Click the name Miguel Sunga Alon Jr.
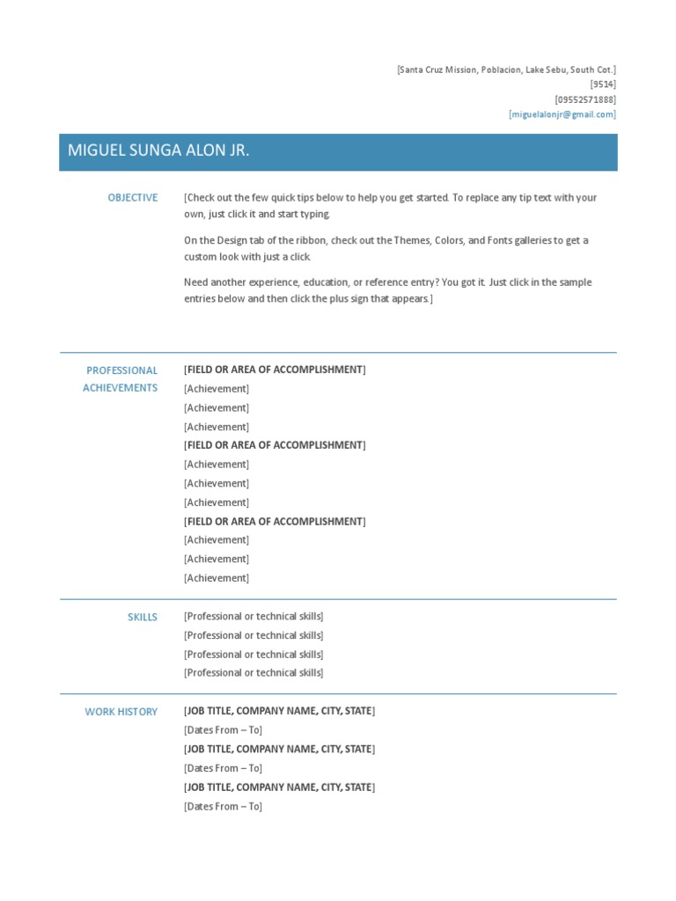tap(158, 150)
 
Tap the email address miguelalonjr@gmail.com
tap(562, 114)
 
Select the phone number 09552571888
tap(585, 99)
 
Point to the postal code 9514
tap(603, 84)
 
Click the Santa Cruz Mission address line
tap(506, 70)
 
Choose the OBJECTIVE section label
tap(133, 198)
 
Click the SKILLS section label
tap(143, 618)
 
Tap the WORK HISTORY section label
tap(121, 712)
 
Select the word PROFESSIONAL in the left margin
tap(122, 370)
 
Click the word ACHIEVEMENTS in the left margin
tap(121, 388)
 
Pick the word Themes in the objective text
tap(408, 240)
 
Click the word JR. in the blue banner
tap(240, 150)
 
